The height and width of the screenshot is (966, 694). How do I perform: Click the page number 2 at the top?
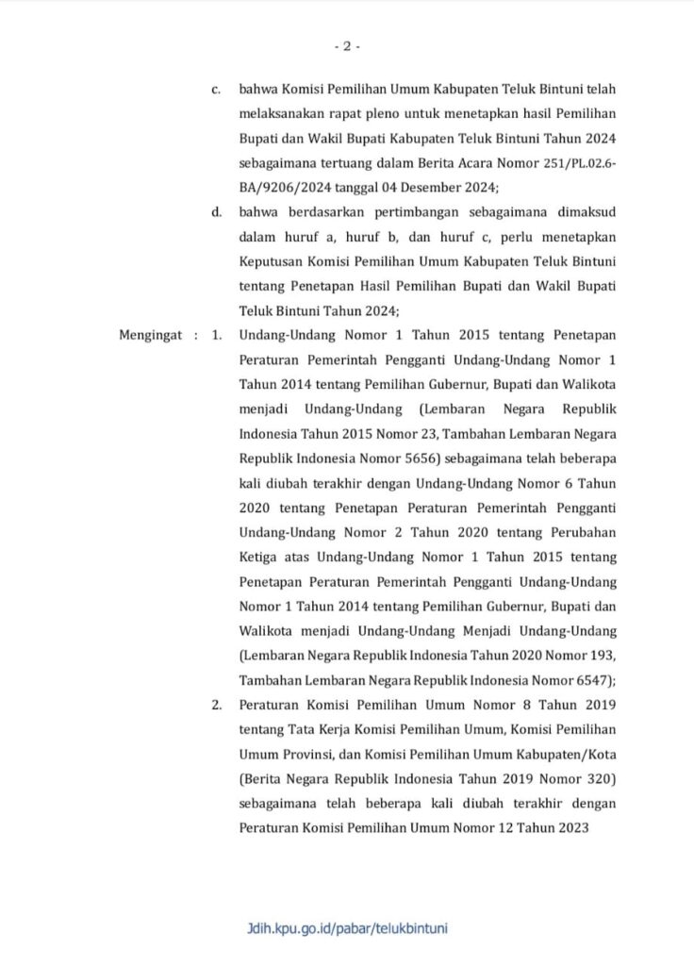pos(346,45)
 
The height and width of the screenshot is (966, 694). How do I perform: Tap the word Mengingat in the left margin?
pos(150,335)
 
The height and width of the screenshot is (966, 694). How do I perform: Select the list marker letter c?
pos(216,90)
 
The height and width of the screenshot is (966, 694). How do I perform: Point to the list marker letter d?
pos(216,211)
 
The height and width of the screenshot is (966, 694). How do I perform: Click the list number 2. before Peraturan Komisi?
pos(217,704)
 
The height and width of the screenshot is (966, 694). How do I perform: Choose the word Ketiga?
pos(262,556)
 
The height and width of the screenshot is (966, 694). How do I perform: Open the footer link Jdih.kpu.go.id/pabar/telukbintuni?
pos(347,928)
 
